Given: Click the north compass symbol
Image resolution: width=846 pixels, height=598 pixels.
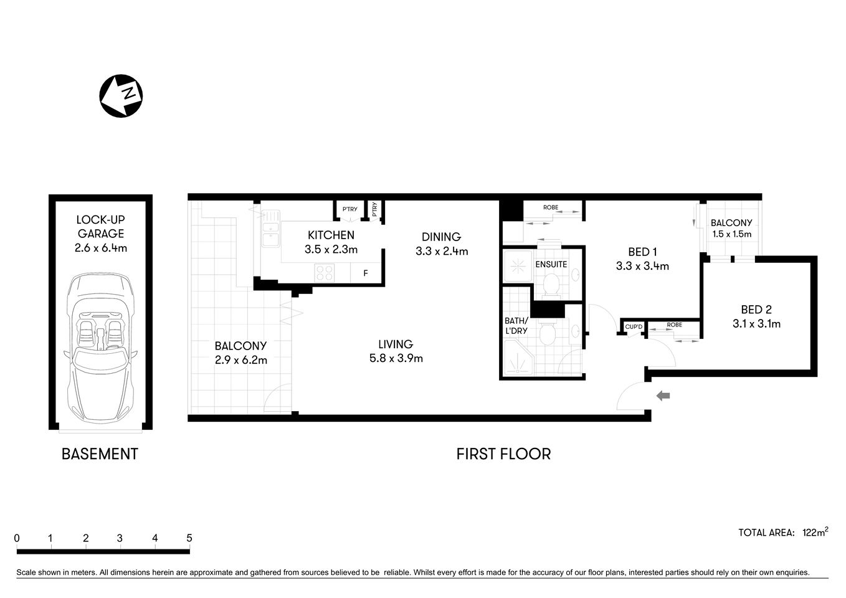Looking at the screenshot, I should click(121, 95).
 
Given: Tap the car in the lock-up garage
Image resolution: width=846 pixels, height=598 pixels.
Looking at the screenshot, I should click(100, 349).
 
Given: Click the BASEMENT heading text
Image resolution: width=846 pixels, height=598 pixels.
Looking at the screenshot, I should click(100, 454).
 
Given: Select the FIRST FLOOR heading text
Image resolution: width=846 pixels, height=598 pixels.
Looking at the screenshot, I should click(503, 454).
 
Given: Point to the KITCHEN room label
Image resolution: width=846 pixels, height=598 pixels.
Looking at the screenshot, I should click(331, 235).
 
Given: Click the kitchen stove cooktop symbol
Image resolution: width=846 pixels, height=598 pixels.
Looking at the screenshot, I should click(325, 272).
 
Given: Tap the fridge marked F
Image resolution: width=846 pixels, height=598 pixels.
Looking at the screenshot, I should click(366, 273).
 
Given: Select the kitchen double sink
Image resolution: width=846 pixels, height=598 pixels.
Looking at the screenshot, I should click(270, 229).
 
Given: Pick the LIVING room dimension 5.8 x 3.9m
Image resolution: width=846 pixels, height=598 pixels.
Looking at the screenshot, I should click(396, 358).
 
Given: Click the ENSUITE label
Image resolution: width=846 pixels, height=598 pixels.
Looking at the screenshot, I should click(551, 264).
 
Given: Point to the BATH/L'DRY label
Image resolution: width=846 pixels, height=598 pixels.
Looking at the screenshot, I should click(516, 326).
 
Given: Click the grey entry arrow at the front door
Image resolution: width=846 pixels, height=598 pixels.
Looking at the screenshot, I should click(663, 395).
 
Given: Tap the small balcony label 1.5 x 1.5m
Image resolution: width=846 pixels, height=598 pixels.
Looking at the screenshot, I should click(731, 235).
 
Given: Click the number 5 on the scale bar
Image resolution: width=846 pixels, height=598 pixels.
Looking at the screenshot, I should click(189, 538).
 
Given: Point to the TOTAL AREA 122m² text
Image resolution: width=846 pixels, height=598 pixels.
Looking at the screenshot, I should click(782, 532).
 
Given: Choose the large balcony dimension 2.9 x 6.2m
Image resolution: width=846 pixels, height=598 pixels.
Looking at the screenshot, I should click(240, 359).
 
